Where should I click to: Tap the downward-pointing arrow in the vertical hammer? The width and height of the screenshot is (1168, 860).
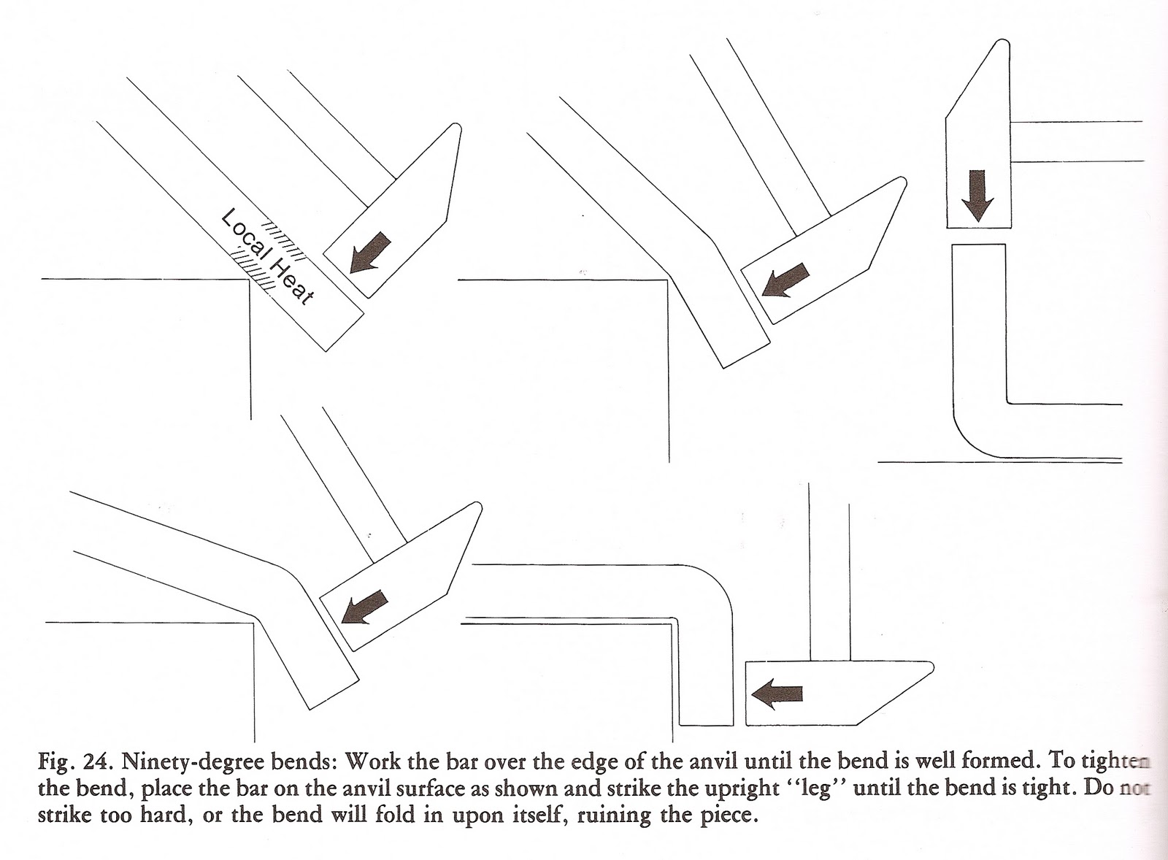point(978,195)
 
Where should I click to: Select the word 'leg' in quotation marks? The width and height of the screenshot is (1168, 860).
point(818,789)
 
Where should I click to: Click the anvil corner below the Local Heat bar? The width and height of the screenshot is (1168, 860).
point(250,280)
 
